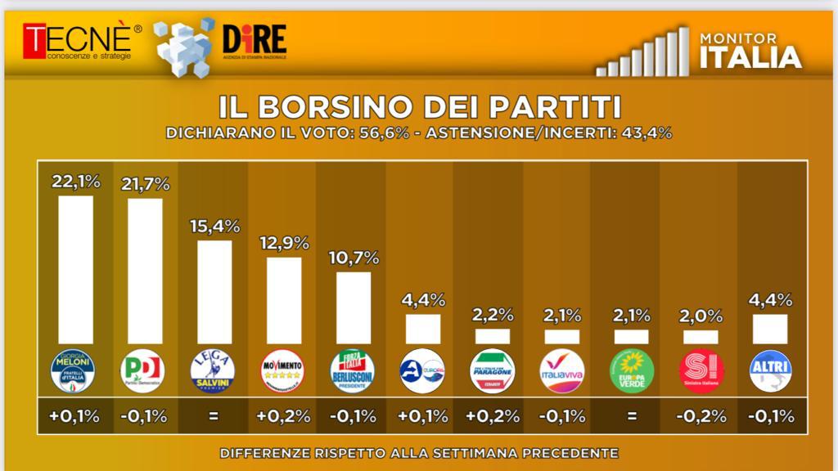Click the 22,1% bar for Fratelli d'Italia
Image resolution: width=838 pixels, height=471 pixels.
point(75,269)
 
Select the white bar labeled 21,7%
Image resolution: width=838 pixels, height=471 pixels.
point(145,271)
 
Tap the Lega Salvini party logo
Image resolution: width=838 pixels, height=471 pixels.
point(214,371)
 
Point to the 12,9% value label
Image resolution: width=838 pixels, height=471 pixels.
point(284,243)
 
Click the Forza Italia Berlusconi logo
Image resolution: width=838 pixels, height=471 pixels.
point(353,371)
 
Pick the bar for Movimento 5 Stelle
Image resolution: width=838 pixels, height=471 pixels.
point(284,300)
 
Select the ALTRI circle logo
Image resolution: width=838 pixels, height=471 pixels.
point(770,371)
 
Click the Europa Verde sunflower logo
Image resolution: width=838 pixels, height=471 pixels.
point(631,371)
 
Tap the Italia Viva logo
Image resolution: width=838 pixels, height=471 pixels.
point(562,371)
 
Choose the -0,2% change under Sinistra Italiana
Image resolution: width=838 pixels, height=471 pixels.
point(701,416)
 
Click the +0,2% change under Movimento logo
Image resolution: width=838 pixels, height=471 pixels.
point(284,416)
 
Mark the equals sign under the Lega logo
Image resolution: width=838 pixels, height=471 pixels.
point(214,416)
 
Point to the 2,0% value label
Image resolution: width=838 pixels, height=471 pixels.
point(701,316)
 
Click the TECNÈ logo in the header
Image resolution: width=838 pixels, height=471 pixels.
point(77,41)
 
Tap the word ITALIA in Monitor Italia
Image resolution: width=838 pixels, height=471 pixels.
point(750,57)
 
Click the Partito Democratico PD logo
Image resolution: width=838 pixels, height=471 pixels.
point(143,371)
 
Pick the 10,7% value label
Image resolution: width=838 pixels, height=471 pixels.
point(354,258)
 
